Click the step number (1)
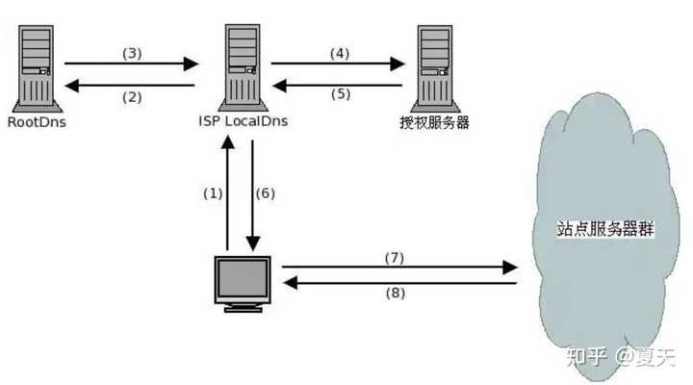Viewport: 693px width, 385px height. tap(213, 192)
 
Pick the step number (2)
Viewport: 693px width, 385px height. tap(132, 96)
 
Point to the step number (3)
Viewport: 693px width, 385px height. tap(132, 52)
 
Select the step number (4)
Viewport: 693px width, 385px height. tap(340, 52)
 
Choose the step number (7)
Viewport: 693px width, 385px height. tap(394, 257)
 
